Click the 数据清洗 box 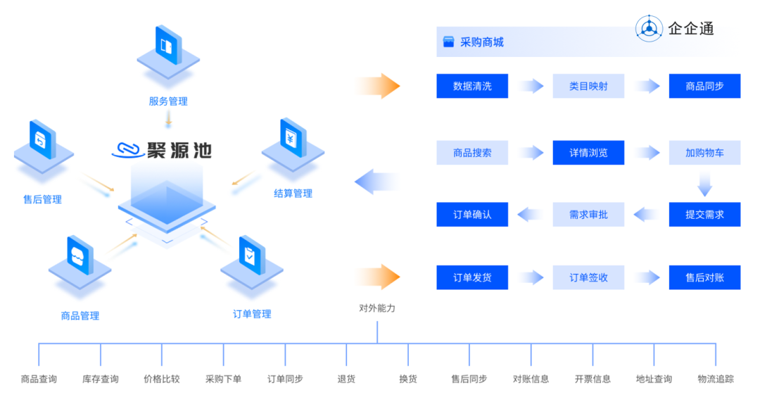tap(472, 86)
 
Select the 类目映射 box tap(588, 86)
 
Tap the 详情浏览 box tap(588, 153)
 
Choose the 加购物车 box tap(704, 153)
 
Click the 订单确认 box tap(472, 215)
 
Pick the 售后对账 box tap(704, 277)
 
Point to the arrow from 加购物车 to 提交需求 tap(704, 184)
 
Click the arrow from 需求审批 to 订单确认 tap(531, 215)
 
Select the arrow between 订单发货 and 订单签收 tap(531, 277)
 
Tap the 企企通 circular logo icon tap(649, 29)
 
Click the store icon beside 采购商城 tap(448, 42)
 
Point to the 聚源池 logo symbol tap(129, 151)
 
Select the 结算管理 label tap(293, 194)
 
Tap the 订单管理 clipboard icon tap(252, 262)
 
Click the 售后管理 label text tap(43, 199)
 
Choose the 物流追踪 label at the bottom tap(716, 379)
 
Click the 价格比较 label tap(161, 379)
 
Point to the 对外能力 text tap(377, 308)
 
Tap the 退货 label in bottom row tap(346, 379)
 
